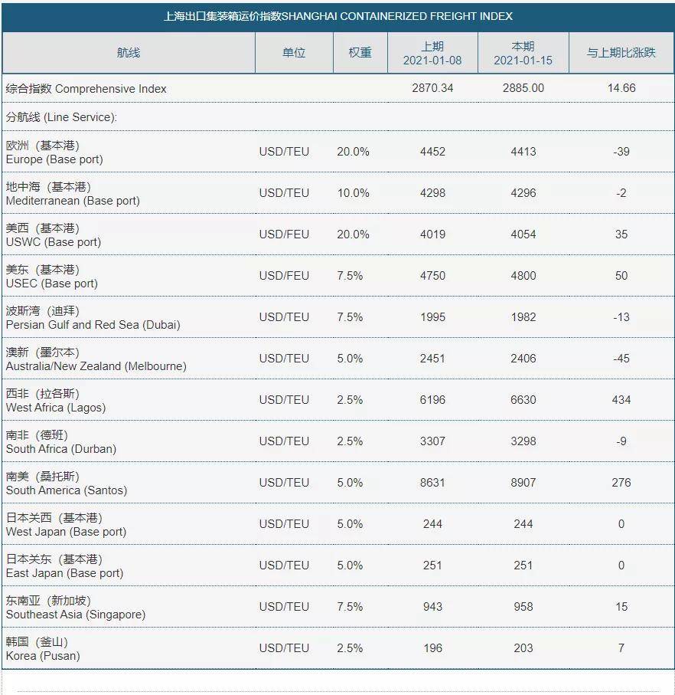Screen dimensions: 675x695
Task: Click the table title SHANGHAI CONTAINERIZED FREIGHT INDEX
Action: [397, 16]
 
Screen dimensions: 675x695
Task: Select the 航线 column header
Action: [129, 53]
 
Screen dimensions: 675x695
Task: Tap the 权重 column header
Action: [360, 53]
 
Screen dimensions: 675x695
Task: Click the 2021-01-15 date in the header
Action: [523, 61]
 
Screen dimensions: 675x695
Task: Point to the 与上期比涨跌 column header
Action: [621, 53]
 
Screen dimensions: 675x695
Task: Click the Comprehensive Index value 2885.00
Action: [523, 88]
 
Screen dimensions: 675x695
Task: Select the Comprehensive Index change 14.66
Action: [621, 88]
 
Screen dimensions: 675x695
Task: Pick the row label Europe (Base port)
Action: [54, 159]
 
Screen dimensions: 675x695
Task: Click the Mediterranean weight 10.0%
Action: [354, 193]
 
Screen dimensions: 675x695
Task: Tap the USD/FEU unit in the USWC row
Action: [284, 234]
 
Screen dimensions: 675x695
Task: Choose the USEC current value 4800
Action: [523, 276]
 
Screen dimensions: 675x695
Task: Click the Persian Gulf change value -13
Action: [621, 317]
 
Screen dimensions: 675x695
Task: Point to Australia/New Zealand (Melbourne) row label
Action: [96, 366]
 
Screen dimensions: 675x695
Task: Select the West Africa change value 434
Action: [621, 400]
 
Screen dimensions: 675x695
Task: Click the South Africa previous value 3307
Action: [432, 441]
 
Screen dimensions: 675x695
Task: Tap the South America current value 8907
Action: [523, 483]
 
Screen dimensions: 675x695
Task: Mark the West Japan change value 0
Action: [621, 524]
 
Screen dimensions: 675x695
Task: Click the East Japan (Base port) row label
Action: [64, 574]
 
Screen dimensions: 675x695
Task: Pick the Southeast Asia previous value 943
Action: [432, 607]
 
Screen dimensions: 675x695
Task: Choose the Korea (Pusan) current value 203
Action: [523, 648]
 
